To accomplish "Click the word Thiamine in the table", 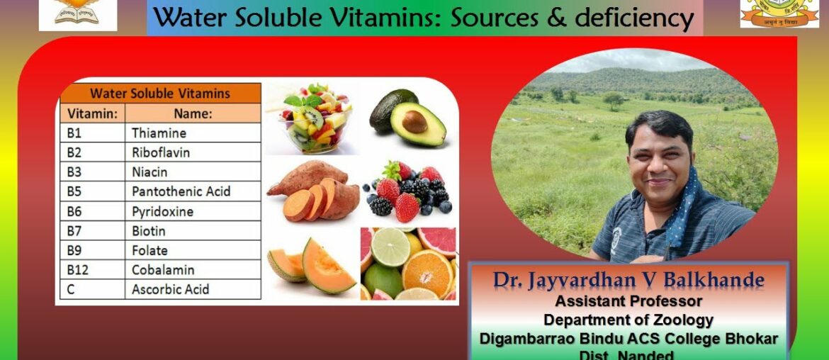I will tap(159, 133).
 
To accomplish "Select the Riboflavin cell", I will tap(160, 152).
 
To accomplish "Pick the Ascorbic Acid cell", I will tap(170, 290).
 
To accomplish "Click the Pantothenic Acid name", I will tap(181, 191).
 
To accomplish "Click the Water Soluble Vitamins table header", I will tap(159, 94).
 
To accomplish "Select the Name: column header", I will tap(192, 113).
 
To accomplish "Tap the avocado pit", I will tap(414, 122).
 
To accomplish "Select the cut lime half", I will tap(390, 247).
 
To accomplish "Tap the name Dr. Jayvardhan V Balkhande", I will tap(629, 281).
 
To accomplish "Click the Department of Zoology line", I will tap(629, 320).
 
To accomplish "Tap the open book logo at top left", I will tap(77, 12).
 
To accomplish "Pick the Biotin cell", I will tap(149, 231).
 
